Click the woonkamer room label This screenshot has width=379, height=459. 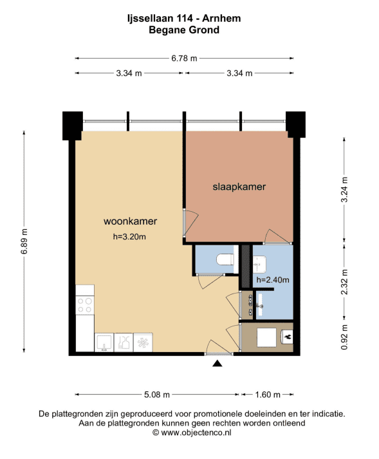coord(130,221)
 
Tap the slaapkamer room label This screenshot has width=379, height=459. coord(239,187)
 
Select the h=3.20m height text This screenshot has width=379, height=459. coord(129,236)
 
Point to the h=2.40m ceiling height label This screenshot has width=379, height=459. coord(273,280)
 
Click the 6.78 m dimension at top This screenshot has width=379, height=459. coord(184,58)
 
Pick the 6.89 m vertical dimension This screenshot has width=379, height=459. coord(24,241)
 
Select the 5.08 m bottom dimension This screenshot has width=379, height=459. coord(157,395)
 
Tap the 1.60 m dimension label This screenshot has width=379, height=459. coord(268,395)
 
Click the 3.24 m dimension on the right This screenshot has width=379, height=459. coord(344,189)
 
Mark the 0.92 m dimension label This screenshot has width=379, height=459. coord(344,337)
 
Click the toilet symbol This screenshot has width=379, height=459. coord(225,259)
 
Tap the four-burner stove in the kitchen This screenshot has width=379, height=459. coord(85,305)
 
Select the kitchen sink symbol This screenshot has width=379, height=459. coord(104,342)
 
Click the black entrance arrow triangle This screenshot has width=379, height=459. coord(217,363)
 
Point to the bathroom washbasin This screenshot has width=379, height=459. coord(259,263)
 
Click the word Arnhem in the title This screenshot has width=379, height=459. coord(221,18)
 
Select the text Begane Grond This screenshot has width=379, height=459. coord(184,30)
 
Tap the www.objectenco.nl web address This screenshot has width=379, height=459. coord(196,433)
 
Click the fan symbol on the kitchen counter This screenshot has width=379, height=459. coord(143,342)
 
